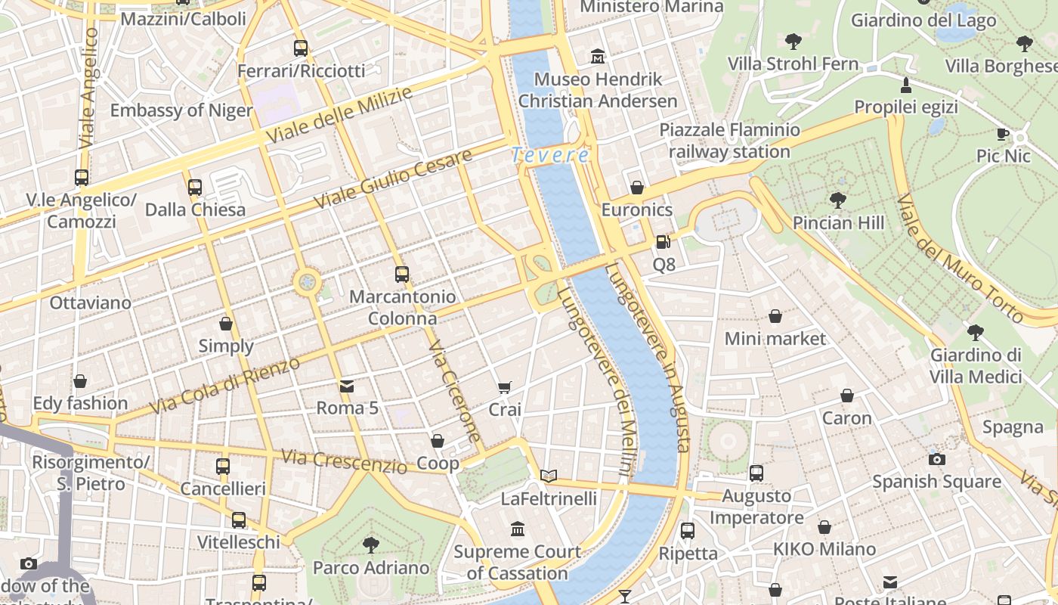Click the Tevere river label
(549, 156)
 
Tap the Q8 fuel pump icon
(663, 242)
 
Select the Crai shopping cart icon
(505, 387)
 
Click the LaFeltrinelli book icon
(549, 476)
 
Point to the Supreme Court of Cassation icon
(518, 529)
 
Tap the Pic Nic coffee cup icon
(1003, 135)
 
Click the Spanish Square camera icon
(936, 459)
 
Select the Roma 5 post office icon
(347, 386)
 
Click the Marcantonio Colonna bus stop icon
(402, 275)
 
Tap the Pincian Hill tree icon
(837, 200)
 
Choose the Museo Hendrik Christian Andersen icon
(598, 57)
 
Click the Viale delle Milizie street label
(340, 116)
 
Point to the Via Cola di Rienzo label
(224, 385)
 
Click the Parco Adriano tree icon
(370, 544)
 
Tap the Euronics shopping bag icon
(637, 188)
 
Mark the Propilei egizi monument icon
(905, 84)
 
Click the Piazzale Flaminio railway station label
(729, 141)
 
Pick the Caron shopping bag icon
(847, 396)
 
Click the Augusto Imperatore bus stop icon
(756, 473)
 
